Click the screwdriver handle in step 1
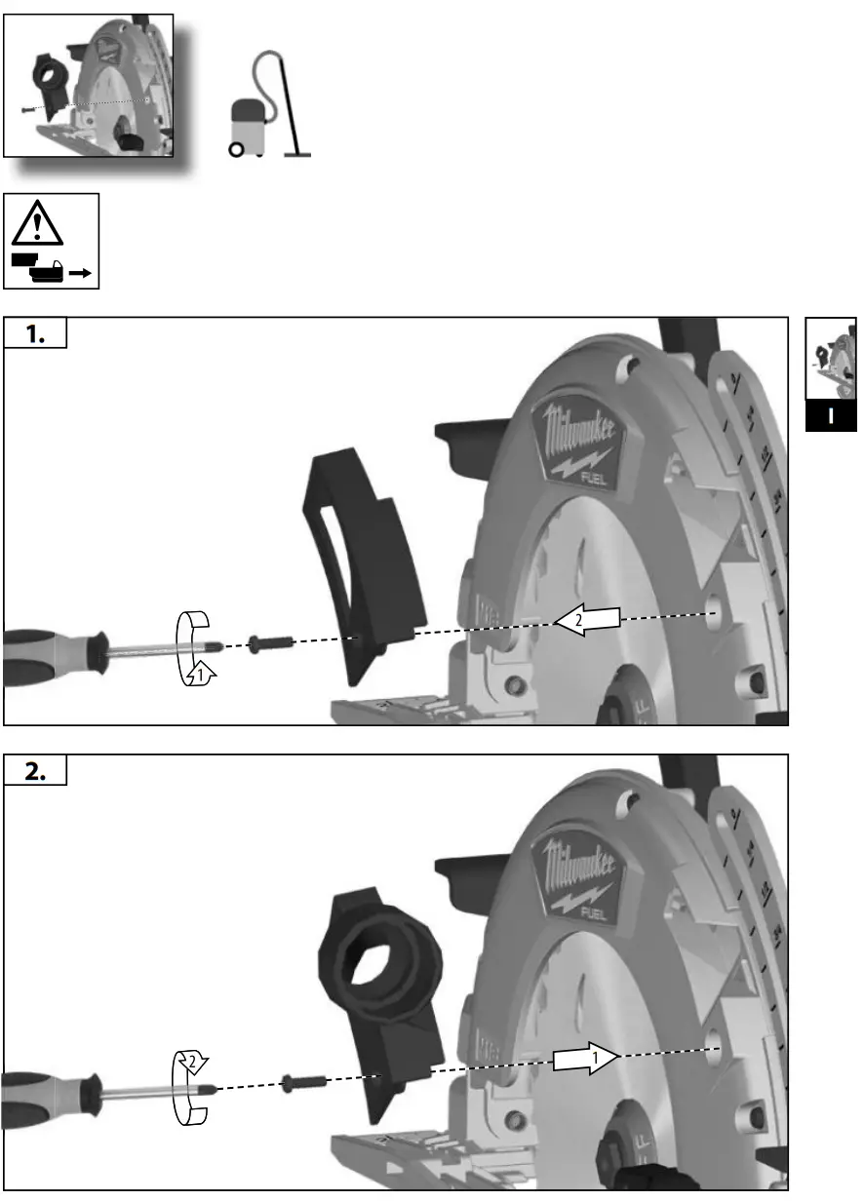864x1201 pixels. point(49,656)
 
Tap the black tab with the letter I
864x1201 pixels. point(830,415)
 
